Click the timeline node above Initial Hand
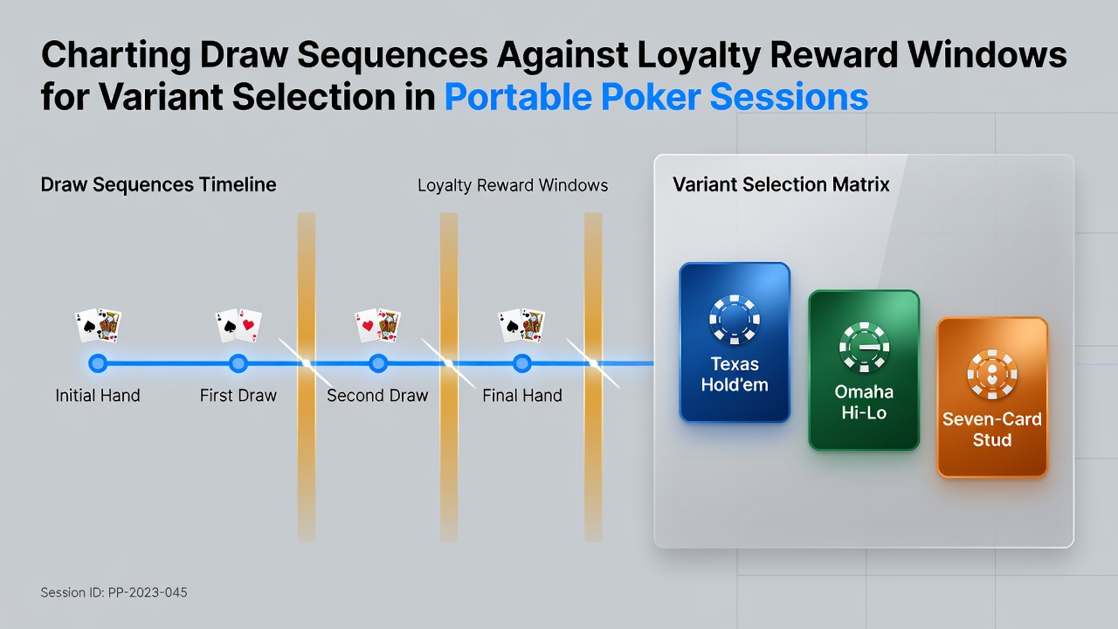tap(98, 363)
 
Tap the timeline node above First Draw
tap(238, 363)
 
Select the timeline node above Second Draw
tap(378, 363)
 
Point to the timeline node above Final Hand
tap(522, 363)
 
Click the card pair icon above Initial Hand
tap(98, 326)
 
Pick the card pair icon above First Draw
tap(238, 326)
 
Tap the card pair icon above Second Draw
tap(378, 326)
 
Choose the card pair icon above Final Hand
tap(521, 326)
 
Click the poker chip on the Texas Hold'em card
tap(735, 320)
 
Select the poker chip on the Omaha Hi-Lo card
tap(864, 347)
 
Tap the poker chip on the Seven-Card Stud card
tap(991, 375)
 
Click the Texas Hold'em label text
tap(735, 375)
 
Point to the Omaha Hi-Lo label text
tap(864, 403)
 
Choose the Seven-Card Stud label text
tap(991, 429)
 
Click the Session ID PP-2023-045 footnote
tap(114, 592)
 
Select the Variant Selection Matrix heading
tap(781, 184)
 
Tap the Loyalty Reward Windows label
tap(513, 186)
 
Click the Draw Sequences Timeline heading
tap(158, 184)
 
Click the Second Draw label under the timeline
tap(377, 396)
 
